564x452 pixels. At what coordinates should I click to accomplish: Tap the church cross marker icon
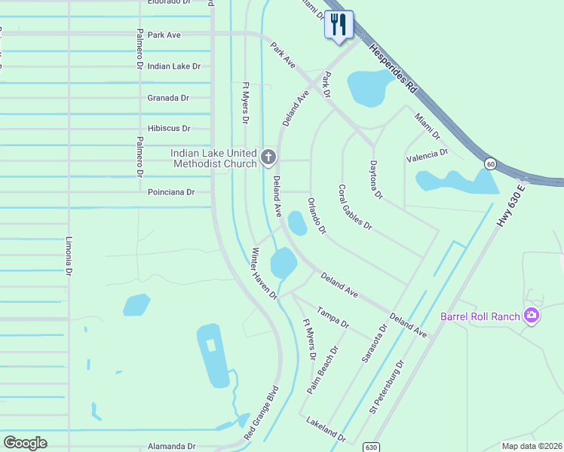(268, 157)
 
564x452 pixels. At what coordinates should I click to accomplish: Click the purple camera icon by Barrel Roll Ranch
(532, 315)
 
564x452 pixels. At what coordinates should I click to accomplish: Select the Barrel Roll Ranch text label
(481, 316)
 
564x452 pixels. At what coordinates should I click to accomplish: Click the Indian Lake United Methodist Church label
(214, 158)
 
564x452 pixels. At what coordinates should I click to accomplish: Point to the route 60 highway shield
(490, 163)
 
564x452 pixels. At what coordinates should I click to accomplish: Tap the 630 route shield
(370, 447)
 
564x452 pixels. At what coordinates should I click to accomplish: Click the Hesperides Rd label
(391, 67)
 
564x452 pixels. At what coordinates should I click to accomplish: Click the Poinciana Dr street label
(171, 192)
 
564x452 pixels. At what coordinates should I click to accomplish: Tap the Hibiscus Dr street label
(169, 129)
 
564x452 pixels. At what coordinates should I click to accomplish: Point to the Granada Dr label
(168, 98)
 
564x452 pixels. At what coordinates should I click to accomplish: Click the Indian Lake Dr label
(174, 66)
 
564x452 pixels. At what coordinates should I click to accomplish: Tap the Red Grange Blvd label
(262, 414)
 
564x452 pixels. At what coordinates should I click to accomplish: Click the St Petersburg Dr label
(387, 386)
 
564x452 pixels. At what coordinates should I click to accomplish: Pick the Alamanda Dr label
(172, 446)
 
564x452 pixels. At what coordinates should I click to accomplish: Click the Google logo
(25, 443)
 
